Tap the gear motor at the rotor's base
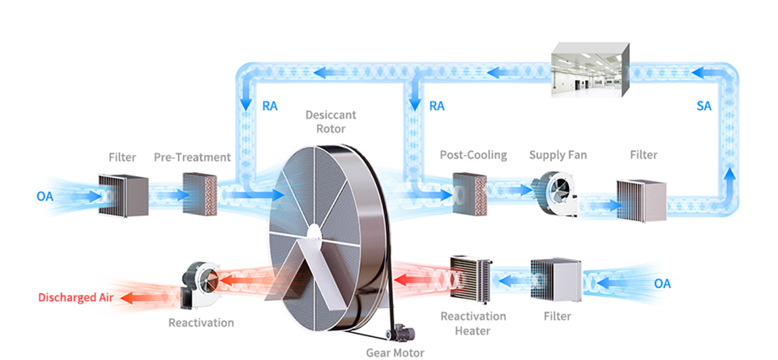point(400,332)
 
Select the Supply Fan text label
point(558,155)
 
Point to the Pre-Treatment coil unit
point(200,194)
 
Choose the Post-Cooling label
point(474,155)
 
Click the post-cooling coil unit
point(470,195)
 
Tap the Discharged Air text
point(75,297)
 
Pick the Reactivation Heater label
point(474,323)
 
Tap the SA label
point(704,106)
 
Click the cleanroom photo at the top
point(591,68)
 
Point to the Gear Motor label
point(395,352)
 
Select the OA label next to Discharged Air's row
point(662,284)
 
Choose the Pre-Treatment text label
point(192,157)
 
